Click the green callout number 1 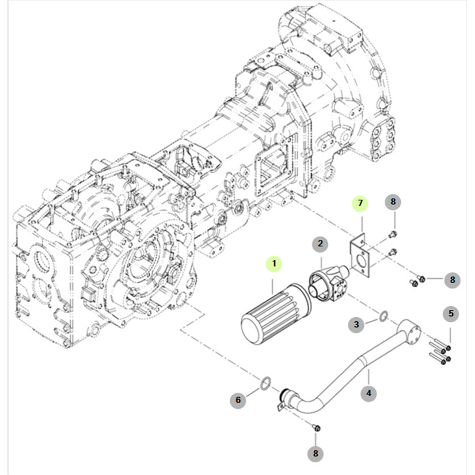click(275, 264)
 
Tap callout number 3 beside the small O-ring click(356, 325)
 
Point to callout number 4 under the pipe click(368, 394)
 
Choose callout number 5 click(451, 314)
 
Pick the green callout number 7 click(360, 203)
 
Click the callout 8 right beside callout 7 click(394, 202)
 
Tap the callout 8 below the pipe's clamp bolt click(315, 454)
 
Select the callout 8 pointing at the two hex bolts click(452, 280)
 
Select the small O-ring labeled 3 click(383, 314)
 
